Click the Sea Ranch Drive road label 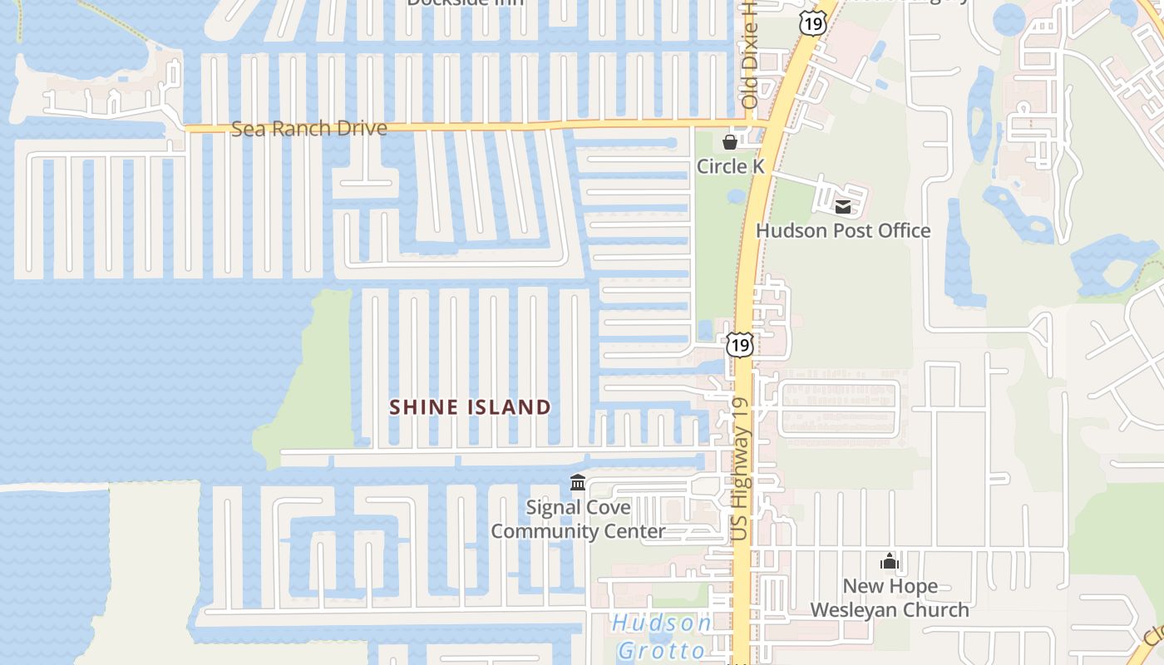pyautogui.click(x=308, y=129)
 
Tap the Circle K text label pyautogui.click(x=730, y=166)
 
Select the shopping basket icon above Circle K pyautogui.click(x=730, y=143)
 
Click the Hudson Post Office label pyautogui.click(x=843, y=230)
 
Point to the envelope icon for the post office pyautogui.click(x=843, y=207)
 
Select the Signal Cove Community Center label pyautogui.click(x=578, y=519)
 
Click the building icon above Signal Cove pyautogui.click(x=578, y=483)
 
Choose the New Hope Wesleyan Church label pyautogui.click(x=890, y=598)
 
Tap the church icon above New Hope pyautogui.click(x=890, y=563)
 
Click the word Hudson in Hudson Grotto pyautogui.click(x=662, y=623)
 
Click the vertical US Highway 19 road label pyautogui.click(x=741, y=470)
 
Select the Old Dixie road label pyautogui.click(x=750, y=58)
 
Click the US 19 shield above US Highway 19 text pyautogui.click(x=739, y=344)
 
